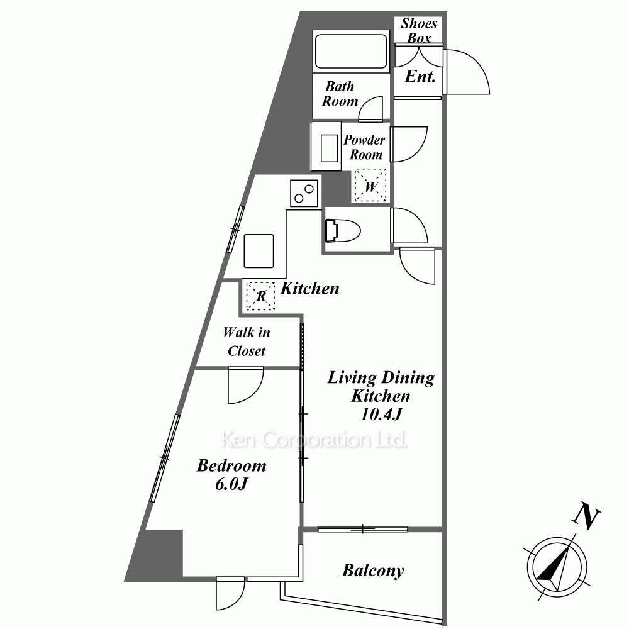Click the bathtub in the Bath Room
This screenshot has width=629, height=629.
(351, 52)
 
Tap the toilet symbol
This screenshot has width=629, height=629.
(343, 231)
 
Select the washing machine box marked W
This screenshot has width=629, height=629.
(370, 186)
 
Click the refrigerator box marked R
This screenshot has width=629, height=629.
(260, 296)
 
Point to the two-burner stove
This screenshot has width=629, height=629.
(304, 193)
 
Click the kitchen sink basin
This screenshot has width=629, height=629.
(259, 251)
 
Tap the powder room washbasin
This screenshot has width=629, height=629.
(329, 148)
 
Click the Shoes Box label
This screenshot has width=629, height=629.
(419, 30)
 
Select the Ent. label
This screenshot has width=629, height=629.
(420, 76)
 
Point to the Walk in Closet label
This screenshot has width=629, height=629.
(247, 342)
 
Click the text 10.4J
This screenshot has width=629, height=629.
(381, 414)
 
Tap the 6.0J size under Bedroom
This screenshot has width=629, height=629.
(231, 484)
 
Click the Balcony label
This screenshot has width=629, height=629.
(373, 571)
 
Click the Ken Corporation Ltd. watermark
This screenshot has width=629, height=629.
(314, 440)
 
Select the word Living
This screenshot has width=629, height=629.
(352, 378)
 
